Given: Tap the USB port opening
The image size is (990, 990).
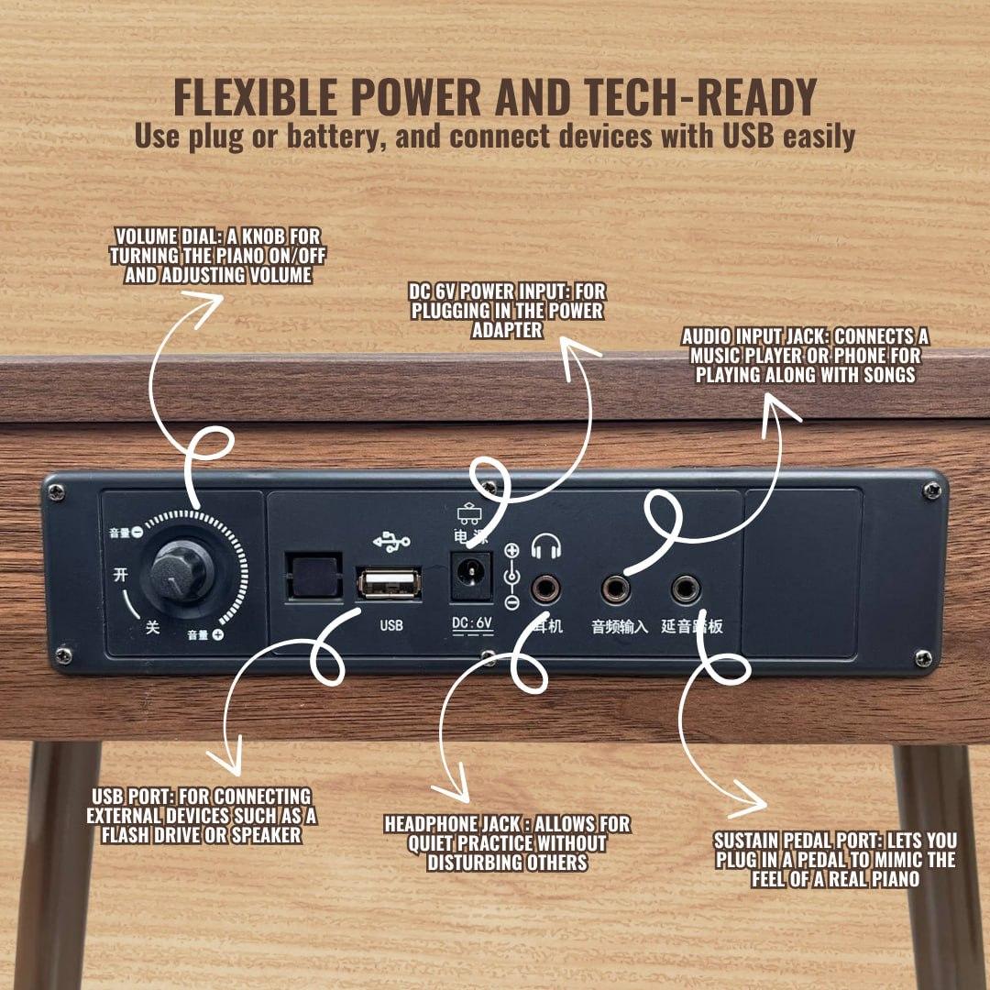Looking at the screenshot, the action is pos(389,584).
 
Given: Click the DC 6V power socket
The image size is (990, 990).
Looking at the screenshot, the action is pos(470,576).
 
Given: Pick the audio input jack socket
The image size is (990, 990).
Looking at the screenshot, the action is pos(616,589).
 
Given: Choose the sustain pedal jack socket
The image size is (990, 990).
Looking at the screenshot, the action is pos(685,589).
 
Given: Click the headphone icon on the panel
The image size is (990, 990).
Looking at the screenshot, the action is pos(546,546).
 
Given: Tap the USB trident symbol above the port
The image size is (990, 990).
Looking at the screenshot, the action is pos(391,541).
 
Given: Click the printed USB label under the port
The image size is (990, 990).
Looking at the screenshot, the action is pos(391,625).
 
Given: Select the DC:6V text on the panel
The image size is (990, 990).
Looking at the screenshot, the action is pos(472,624).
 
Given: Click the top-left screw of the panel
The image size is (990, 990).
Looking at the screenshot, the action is pos(57,492).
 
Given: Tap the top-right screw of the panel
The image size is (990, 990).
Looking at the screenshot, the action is pos(932,489).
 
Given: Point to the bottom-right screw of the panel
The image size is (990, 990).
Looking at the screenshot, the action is pos(923,658).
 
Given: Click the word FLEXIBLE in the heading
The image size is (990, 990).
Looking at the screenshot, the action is pos(256,97).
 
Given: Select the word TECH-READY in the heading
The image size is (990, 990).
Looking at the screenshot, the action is pos(701,97).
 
